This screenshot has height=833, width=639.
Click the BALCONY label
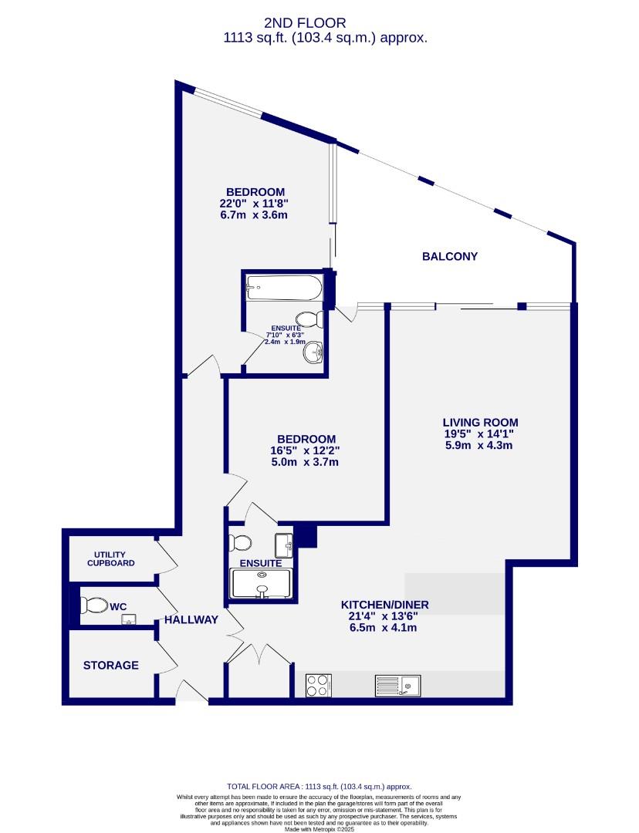coord(449,257)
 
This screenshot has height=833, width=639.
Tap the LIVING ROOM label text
coord(480,422)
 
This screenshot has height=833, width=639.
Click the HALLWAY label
coord(191,619)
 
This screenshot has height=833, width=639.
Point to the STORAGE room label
coord(111,665)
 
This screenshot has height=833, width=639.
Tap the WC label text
coord(117,607)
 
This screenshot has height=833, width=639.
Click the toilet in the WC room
coord(93,604)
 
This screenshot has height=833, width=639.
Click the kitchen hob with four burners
coord(317,686)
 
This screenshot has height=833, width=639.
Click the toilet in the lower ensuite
coord(240,542)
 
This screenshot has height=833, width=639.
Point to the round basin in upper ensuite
coord(313,354)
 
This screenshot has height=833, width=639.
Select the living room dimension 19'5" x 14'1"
coord(480,435)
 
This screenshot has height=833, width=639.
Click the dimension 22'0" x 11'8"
coord(255,204)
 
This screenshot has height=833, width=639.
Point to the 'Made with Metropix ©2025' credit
coord(319,829)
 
